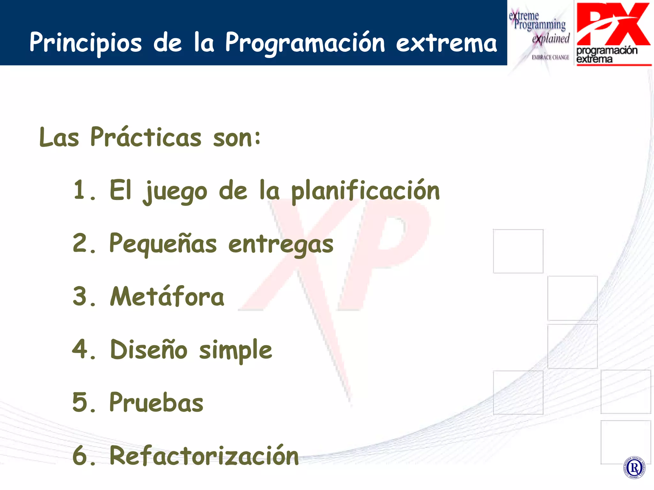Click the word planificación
tap(365, 191)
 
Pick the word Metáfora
tap(167, 297)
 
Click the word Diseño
tap(148, 350)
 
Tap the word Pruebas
tap(156, 403)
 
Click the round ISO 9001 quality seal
tap(634, 468)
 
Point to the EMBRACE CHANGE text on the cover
tap(550, 57)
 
